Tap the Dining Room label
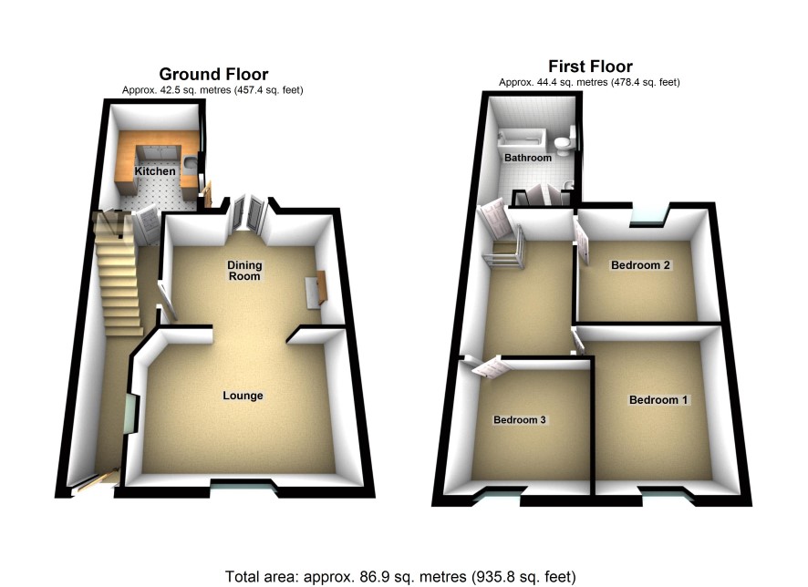pyautogui.click(x=244, y=271)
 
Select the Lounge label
pyautogui.click(x=243, y=396)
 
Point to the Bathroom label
pyautogui.click(x=529, y=158)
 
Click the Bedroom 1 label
pyautogui.click(x=659, y=400)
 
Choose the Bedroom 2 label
pyautogui.click(x=641, y=266)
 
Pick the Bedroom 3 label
pyautogui.click(x=519, y=420)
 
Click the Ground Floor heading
pyautogui.click(x=213, y=74)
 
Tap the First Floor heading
pyautogui.click(x=590, y=66)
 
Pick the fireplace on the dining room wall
pyautogui.click(x=316, y=291)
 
